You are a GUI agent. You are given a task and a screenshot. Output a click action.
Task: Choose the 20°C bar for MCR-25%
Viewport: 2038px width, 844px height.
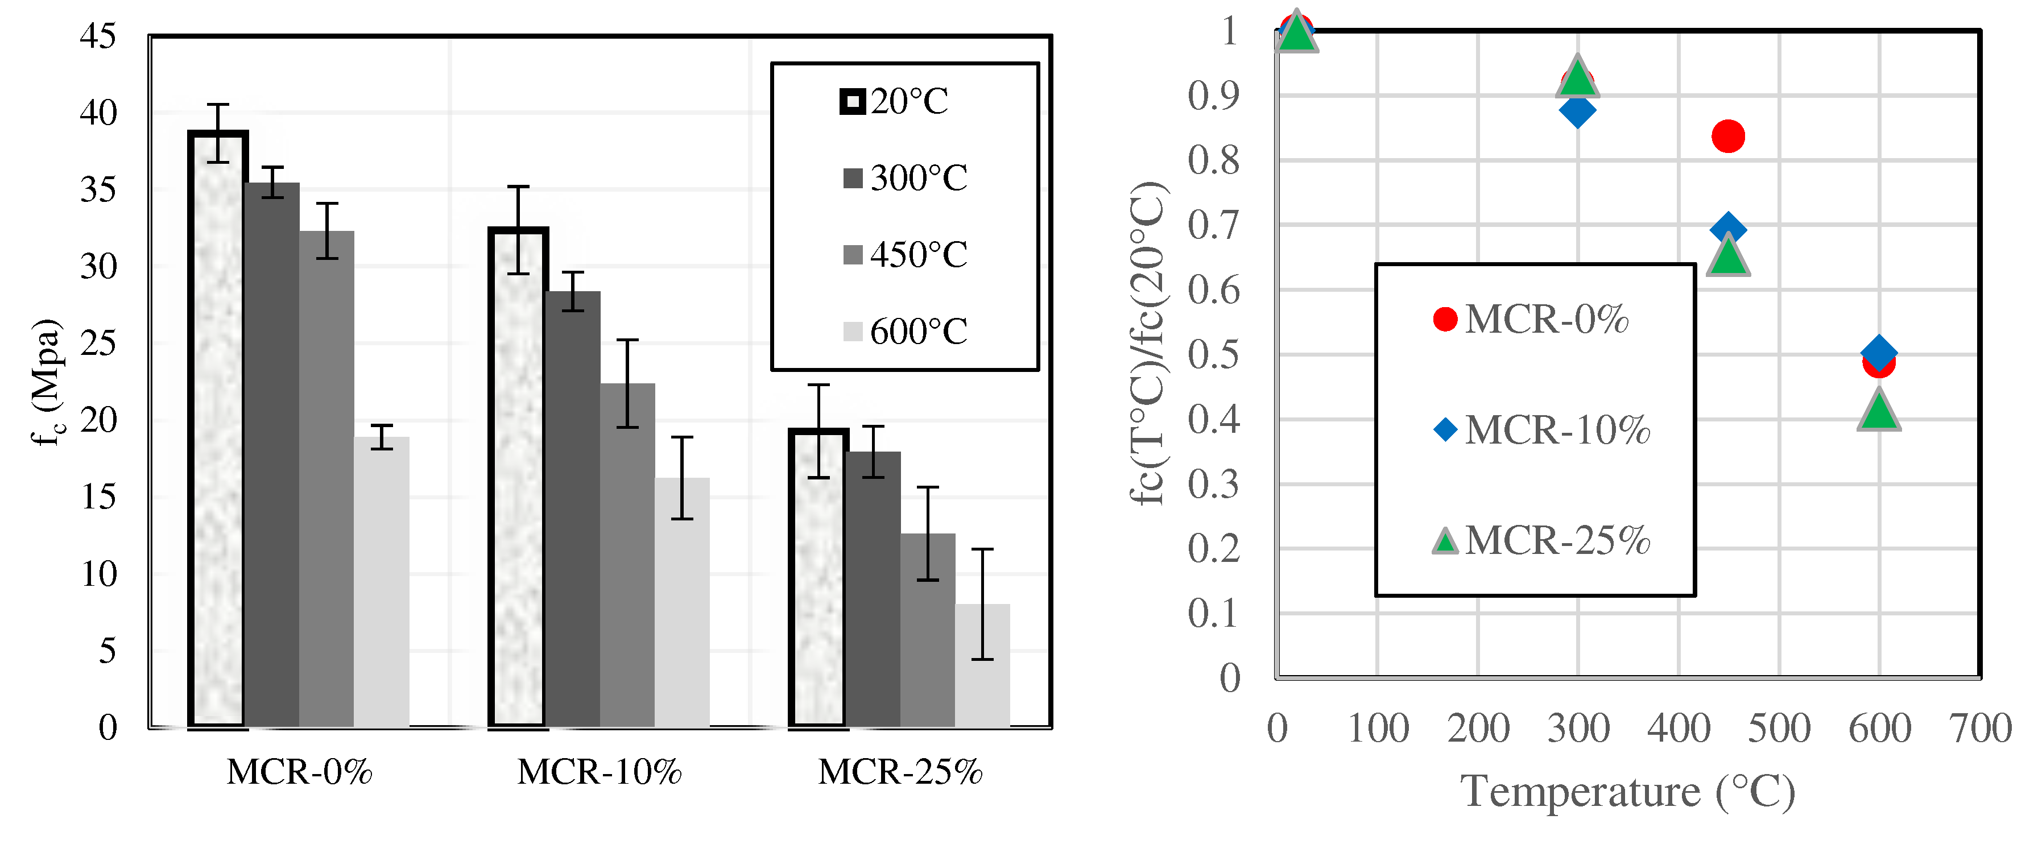point(818,577)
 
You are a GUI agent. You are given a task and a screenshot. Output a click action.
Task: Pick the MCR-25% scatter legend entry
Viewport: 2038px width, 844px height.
point(1541,541)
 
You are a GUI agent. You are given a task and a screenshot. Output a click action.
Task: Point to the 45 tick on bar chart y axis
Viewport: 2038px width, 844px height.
point(98,36)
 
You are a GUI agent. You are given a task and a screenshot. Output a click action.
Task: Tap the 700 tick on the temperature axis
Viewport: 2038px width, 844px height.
point(1980,728)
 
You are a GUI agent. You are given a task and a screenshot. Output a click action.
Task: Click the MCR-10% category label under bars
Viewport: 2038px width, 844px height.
point(600,771)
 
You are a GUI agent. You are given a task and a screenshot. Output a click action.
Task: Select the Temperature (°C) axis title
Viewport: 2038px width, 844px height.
point(1627,791)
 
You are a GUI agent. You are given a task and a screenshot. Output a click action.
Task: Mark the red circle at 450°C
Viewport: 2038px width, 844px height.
point(1728,136)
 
